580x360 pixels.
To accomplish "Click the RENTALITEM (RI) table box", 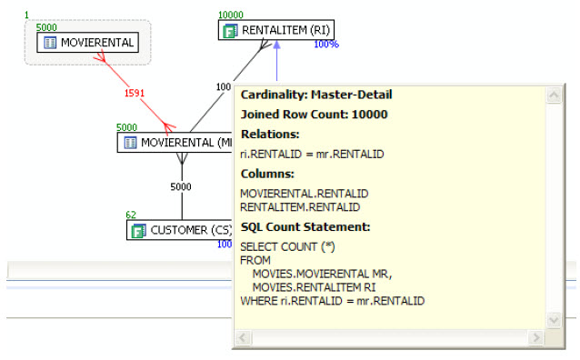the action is (276, 30).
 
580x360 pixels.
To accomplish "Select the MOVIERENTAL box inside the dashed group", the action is (88, 43).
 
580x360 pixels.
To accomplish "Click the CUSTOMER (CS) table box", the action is (180, 230).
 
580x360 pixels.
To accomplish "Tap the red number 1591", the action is (135, 93).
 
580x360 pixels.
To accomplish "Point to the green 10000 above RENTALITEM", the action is (231, 15).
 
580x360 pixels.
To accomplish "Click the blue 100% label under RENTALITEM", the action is (326, 45).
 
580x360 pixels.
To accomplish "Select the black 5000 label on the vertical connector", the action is (181, 187).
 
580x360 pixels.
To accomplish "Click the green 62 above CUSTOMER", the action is (131, 215).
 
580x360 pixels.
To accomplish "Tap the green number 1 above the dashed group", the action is (26, 15).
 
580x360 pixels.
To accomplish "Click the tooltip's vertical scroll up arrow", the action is (554, 95).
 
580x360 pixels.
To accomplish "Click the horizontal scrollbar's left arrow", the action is (244, 337).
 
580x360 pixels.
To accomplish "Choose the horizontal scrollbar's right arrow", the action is (535, 337).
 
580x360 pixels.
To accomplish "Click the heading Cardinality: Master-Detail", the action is (316, 95).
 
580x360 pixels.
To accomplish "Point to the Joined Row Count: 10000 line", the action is (314, 115).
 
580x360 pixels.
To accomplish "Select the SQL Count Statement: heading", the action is (305, 226).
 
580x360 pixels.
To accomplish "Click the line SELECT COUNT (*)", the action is (288, 246).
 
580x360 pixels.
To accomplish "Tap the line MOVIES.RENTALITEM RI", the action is (314, 287).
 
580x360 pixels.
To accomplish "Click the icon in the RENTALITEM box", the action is (230, 31).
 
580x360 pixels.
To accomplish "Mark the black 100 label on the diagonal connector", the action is (224, 87).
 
